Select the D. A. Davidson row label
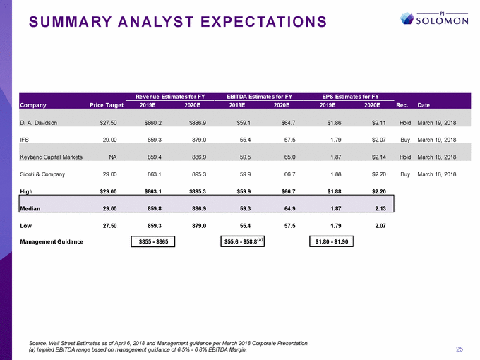[x=39, y=122]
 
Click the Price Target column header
[x=107, y=105]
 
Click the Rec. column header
[x=404, y=105]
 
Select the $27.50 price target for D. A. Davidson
[x=114, y=122]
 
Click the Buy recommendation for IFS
[x=405, y=139]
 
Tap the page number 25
[x=459, y=349]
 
